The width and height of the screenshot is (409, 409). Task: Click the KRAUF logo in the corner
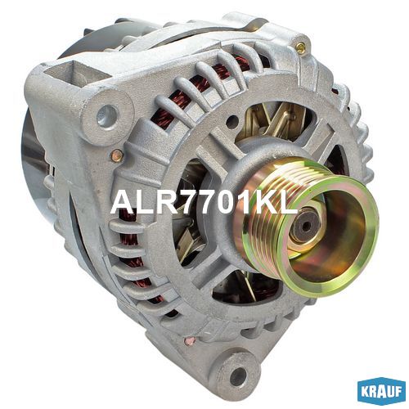381,392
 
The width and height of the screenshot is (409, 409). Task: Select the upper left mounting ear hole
107,115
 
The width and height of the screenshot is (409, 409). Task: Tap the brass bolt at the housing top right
300,47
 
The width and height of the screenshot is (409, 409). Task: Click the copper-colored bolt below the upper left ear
118,155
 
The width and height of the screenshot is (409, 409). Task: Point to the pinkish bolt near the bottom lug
190,341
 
